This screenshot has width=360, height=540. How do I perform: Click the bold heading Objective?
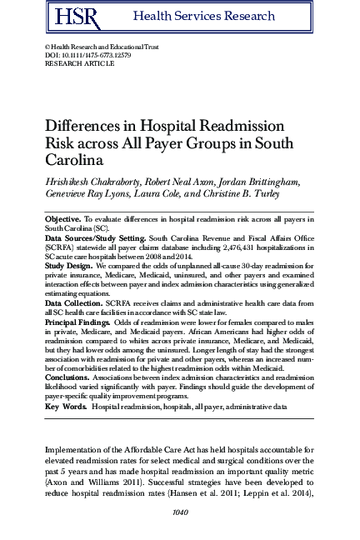[x=63, y=217]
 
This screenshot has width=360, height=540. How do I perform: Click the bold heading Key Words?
[x=64, y=406]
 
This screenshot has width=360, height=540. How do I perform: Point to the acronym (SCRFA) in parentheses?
[x=60, y=247]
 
